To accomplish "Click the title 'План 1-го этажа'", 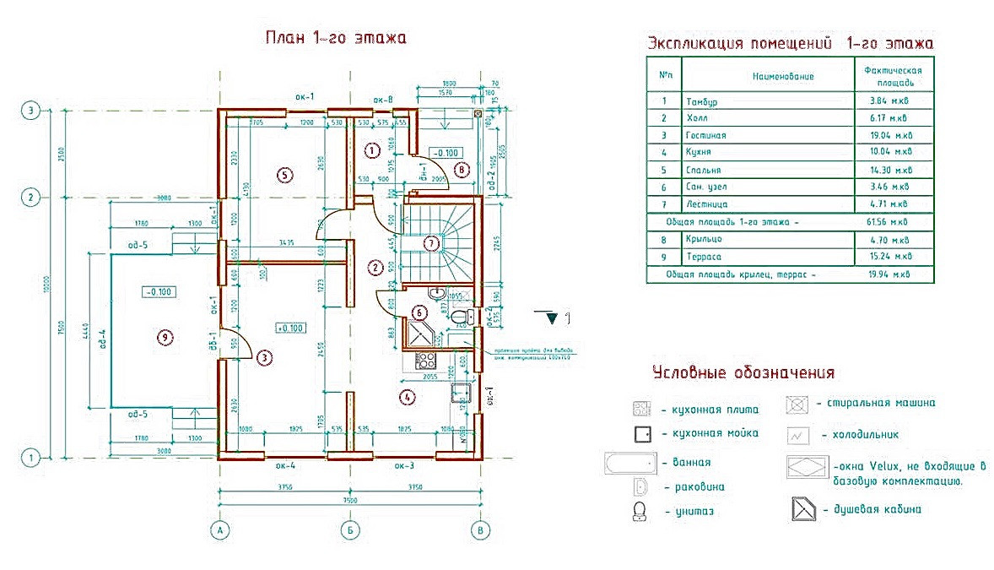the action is coord(336,38).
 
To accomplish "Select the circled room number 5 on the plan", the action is coord(284,175).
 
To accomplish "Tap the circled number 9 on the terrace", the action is coord(166,338).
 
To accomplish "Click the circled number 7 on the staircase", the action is coord(431,243).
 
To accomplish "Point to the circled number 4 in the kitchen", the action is coord(407,396).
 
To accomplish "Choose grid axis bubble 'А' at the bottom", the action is coord(219,530).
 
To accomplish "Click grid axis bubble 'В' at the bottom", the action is coord(479,530).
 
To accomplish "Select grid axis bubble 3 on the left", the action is coord(31,111).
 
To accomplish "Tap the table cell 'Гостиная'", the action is coord(705,135).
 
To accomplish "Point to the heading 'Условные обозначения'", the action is coord(743,372).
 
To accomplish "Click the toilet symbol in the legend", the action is coord(639,511).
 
